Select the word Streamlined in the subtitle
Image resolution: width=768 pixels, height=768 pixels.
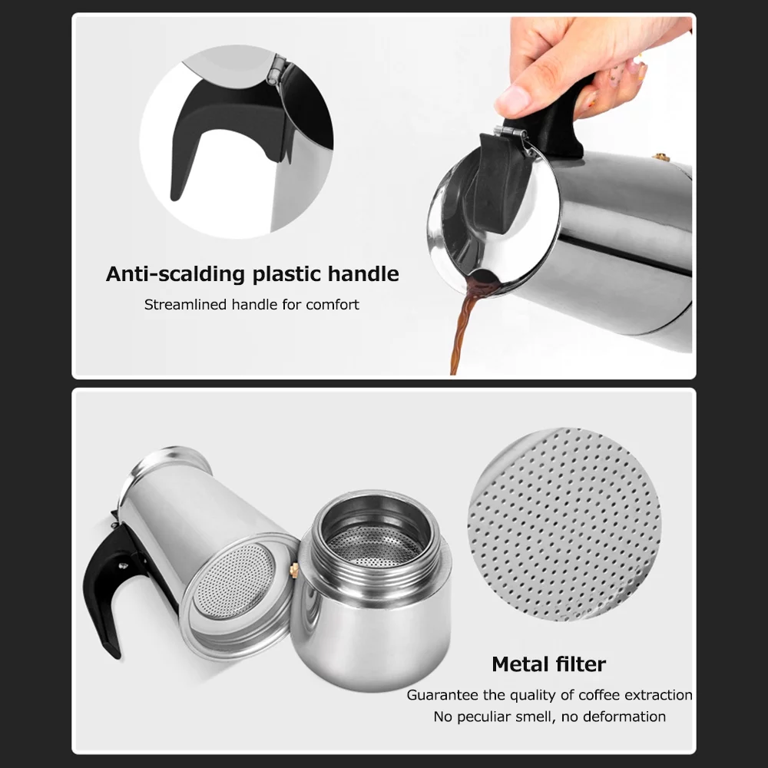coord(186,305)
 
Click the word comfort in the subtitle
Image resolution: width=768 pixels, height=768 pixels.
coord(333,305)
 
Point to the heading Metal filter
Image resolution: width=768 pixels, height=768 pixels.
coord(548,664)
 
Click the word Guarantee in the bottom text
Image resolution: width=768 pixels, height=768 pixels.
coord(442,695)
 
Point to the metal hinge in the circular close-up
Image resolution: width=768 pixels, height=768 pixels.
coord(274,71)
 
